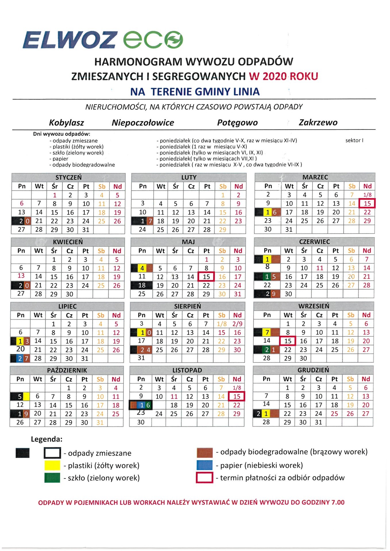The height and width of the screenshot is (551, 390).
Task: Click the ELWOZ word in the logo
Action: pos(70,40)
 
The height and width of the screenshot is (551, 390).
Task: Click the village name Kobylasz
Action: pos(66,123)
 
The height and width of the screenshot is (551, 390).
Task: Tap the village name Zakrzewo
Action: pos(318,123)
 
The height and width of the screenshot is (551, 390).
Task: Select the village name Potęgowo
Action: pos(237,123)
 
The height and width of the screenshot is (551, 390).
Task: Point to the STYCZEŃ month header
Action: pos(68,177)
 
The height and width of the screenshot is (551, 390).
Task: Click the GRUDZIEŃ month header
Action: pos(313,370)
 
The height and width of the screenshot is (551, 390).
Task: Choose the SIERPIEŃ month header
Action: pos(188,306)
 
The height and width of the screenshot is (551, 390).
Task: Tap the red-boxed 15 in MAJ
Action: pos(206,277)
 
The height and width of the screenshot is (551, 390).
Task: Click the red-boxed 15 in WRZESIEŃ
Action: pos(288,341)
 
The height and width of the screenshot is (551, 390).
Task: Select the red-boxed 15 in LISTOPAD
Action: pos(237,396)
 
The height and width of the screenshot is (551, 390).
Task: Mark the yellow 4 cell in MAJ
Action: pos(142,268)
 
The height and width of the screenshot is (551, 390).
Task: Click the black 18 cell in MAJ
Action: pos(142,285)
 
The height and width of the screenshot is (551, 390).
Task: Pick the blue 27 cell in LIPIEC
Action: pos(20,358)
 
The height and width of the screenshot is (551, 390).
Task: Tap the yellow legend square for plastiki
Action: pos(52,465)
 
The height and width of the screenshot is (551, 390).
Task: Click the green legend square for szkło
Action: pos(52,478)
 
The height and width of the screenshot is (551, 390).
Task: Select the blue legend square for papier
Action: pos(204,465)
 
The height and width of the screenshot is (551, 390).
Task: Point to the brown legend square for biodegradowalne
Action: pos(204,453)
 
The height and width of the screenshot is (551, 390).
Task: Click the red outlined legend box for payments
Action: pos(204,478)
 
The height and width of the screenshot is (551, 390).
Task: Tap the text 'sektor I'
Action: pos(354,140)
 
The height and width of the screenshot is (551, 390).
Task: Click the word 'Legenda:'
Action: pos(47,439)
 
